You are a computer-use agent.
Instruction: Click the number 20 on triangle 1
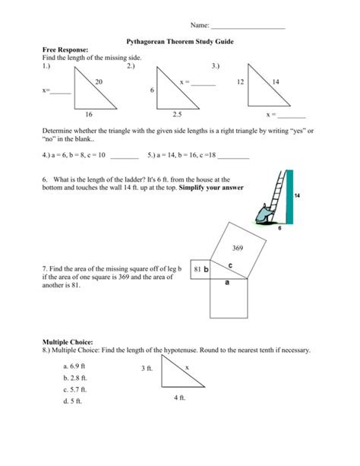pos(99,81)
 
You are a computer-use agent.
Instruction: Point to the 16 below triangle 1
pos(88,114)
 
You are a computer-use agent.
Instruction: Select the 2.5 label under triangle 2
pos(177,114)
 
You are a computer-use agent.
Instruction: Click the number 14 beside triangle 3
pos(275,81)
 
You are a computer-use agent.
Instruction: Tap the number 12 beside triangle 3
pos(241,81)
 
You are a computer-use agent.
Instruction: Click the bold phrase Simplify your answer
pos(212,186)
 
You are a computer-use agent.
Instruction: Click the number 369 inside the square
pos(238,248)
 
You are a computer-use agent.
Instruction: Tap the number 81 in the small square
pos(197,269)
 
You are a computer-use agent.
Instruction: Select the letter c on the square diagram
pos(229,265)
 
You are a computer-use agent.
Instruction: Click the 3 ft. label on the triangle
pos(147,368)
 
